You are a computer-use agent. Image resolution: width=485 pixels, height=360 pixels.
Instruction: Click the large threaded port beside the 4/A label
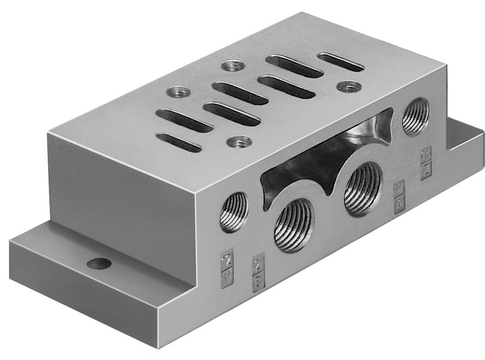[x=363, y=189]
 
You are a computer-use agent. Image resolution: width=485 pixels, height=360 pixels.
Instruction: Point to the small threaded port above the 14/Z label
[x=416, y=117]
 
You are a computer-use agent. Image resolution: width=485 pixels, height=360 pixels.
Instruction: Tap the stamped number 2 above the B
[x=259, y=265]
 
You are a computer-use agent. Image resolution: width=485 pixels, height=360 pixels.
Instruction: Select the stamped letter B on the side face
[x=259, y=281]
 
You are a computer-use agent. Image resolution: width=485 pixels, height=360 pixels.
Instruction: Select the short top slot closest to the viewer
[x=179, y=142]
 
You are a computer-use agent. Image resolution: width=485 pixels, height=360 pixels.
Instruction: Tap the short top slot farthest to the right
[x=341, y=62]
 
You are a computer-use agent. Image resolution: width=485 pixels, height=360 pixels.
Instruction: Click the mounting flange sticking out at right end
[x=466, y=138]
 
